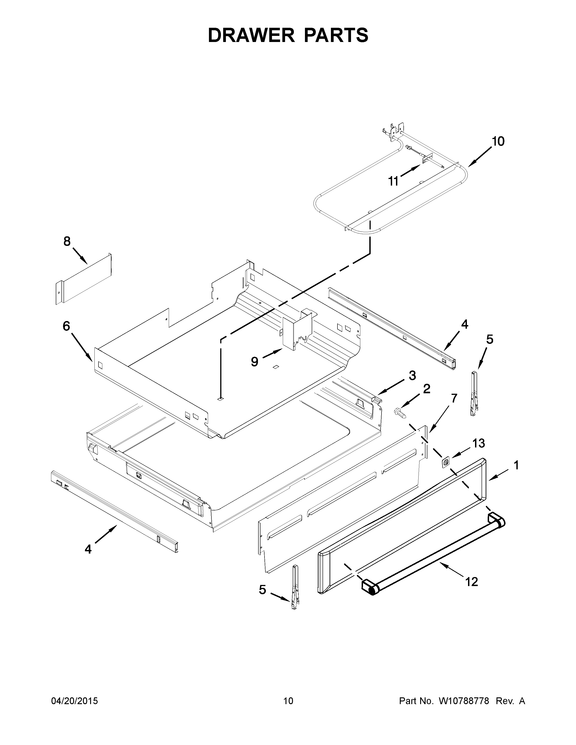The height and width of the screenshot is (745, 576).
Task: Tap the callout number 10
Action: tap(498, 141)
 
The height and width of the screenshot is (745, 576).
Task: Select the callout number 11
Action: tap(393, 181)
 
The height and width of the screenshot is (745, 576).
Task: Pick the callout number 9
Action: tap(254, 362)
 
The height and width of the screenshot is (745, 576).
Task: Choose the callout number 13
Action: tap(478, 443)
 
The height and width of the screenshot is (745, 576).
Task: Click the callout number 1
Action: tap(516, 465)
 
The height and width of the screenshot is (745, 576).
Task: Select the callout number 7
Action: tap(454, 398)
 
